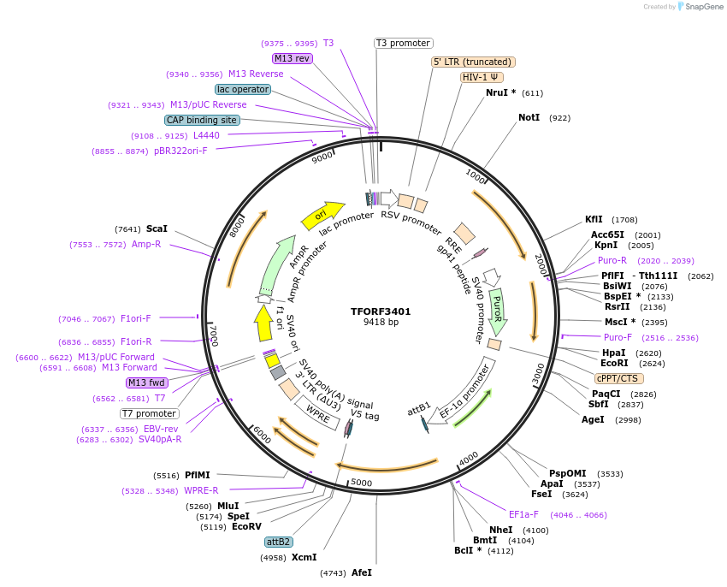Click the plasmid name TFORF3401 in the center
[381, 311]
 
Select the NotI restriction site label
[529, 117]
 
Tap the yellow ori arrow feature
[322, 215]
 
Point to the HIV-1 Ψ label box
[482, 77]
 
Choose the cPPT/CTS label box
[618, 378]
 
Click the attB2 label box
[279, 542]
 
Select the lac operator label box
[244, 89]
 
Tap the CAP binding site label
[202, 121]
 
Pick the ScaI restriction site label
[157, 229]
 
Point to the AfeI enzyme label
[362, 572]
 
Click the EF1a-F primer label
[523, 515]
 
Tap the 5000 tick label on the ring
[362, 483]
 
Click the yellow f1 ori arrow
[263, 323]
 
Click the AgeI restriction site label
[593, 419]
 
